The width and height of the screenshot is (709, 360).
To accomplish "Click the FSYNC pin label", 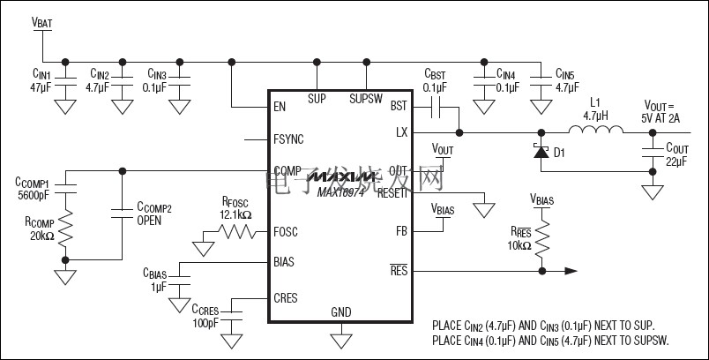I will click(x=288, y=139).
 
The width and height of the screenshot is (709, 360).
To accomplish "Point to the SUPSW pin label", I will click(x=365, y=99).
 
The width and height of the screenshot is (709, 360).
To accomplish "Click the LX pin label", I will click(x=401, y=132).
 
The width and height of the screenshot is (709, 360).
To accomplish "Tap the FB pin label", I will click(x=401, y=231).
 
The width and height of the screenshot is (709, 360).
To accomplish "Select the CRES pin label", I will click(x=286, y=299).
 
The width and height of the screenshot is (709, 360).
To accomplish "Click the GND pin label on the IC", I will click(x=341, y=312).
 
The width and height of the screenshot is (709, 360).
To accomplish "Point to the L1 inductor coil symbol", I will click(x=595, y=131).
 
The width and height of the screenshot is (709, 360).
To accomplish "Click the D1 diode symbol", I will click(x=540, y=152).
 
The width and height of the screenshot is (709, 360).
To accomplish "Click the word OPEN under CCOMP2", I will click(x=148, y=221).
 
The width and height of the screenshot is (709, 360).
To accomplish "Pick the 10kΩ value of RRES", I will click(x=519, y=244).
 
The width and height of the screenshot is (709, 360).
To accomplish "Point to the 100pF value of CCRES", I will click(x=205, y=323).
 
